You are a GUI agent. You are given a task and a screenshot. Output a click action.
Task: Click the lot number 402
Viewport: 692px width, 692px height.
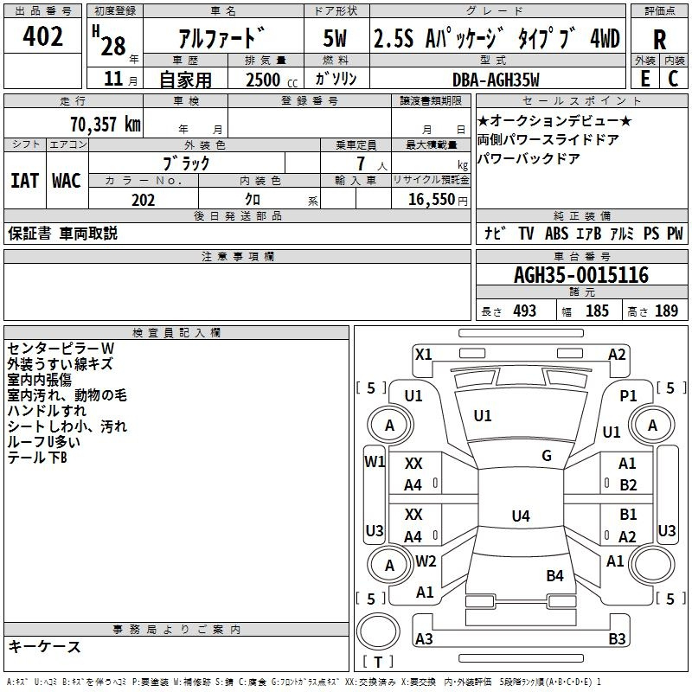[x=42, y=36]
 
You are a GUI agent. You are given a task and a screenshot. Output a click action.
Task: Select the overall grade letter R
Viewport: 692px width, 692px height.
[x=659, y=40]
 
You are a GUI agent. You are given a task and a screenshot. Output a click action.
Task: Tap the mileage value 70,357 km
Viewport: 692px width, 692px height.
[x=106, y=124]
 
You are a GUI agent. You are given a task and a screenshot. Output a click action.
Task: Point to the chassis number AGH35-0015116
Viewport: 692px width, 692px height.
[x=581, y=275]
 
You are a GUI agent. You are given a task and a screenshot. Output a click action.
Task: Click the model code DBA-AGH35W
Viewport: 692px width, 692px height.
[x=496, y=80]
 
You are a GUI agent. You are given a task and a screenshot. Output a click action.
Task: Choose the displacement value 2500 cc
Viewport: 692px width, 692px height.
[x=272, y=80]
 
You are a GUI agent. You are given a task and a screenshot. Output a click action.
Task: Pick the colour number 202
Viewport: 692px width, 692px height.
[x=143, y=200]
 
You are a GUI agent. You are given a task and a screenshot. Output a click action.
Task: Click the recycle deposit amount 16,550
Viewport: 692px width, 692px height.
[x=431, y=199]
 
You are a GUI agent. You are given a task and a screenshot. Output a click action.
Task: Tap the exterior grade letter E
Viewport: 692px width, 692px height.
[x=644, y=79]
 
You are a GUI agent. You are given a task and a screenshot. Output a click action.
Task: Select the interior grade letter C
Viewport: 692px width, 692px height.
[x=673, y=79]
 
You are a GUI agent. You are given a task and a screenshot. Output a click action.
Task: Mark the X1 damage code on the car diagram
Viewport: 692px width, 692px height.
[x=424, y=355]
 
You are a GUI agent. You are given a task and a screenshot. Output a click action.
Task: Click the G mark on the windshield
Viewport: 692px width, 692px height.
[x=547, y=456]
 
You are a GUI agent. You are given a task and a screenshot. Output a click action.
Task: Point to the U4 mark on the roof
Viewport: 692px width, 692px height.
[x=521, y=516]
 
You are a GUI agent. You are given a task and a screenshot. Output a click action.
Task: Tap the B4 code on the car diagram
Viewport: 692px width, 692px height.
[x=554, y=575]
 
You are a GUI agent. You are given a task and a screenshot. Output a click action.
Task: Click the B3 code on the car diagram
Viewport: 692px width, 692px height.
[x=617, y=638]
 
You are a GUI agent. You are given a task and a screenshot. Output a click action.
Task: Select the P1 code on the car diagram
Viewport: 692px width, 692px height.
[x=628, y=396]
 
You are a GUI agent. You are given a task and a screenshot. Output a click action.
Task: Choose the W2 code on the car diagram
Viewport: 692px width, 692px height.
[x=426, y=561]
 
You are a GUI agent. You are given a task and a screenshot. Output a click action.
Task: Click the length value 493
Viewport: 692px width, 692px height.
[x=524, y=311]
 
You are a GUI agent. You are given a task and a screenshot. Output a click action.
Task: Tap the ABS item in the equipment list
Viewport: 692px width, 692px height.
[x=556, y=234]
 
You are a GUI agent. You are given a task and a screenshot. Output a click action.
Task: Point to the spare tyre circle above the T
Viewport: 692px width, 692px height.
[x=378, y=613]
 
